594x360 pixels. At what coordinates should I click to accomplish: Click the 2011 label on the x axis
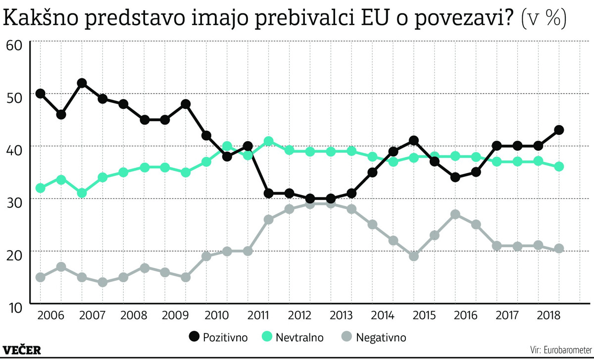point(257,315)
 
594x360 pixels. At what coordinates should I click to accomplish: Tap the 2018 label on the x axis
point(548,315)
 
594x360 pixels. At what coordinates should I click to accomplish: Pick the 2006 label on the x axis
point(50,315)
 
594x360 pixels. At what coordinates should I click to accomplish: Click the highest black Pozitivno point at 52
point(82,83)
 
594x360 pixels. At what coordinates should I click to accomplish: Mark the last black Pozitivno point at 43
point(559,130)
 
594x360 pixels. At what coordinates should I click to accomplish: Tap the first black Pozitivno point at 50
point(41,94)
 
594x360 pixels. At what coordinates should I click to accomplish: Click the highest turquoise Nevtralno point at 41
point(269,141)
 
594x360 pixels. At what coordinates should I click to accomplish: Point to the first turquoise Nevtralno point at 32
point(41,188)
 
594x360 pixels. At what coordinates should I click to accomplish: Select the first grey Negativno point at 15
point(41,277)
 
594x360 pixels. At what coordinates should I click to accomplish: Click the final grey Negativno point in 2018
point(559,249)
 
